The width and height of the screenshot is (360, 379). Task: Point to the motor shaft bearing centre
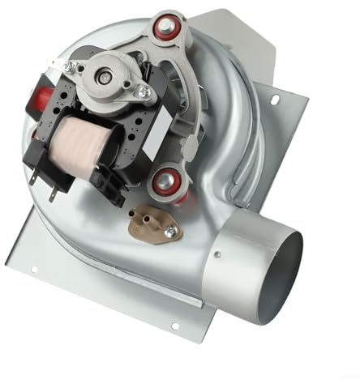(x=105, y=75)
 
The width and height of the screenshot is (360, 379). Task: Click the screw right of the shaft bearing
(x=144, y=92)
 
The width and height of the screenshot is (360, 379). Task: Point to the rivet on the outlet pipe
(x=216, y=254)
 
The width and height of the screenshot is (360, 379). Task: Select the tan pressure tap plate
(x=155, y=225)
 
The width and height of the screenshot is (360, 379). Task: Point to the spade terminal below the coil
(x=53, y=193)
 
